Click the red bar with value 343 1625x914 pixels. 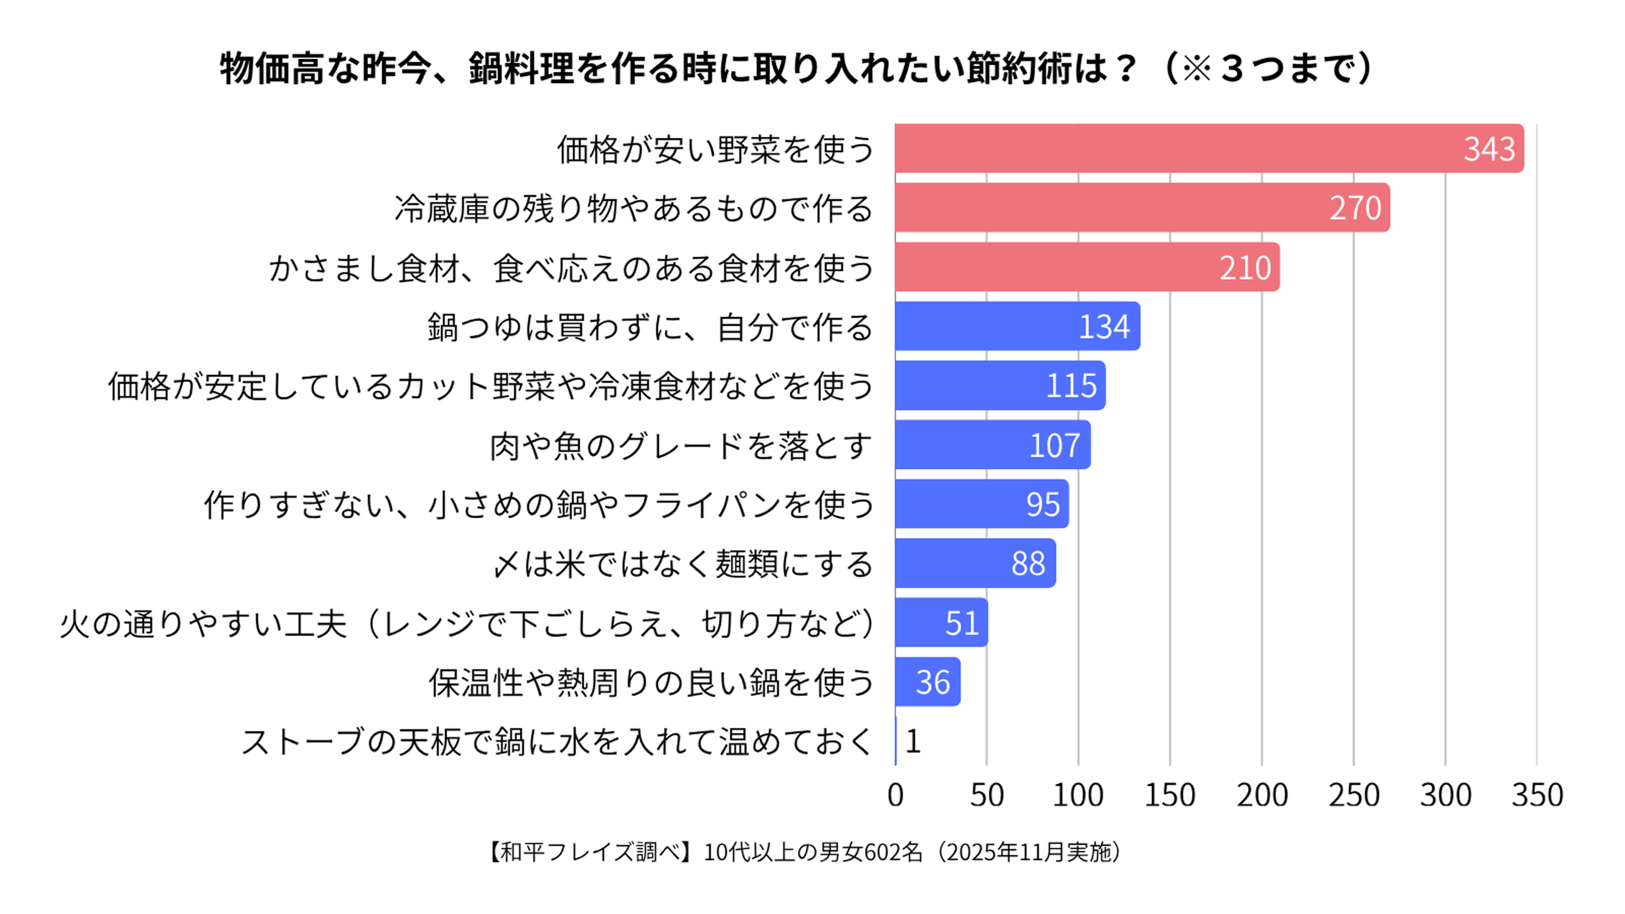pos(1209,148)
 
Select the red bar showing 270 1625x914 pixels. pos(1143,208)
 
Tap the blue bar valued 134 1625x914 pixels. pos(1018,326)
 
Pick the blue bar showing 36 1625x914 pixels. pos(928,682)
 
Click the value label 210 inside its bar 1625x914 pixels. pos(1245,268)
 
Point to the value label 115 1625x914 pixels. pos(1071,385)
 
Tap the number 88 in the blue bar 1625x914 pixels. pos(1028,563)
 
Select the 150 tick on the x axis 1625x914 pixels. pos(1169,795)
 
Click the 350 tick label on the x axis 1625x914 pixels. pos(1537,795)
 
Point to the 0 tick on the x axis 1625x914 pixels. pos(895,795)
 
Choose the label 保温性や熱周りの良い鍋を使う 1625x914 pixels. pos(652,682)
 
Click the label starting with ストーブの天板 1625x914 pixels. pos(557,742)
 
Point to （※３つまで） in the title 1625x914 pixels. pos(1266,68)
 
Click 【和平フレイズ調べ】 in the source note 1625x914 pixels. pos(592,852)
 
